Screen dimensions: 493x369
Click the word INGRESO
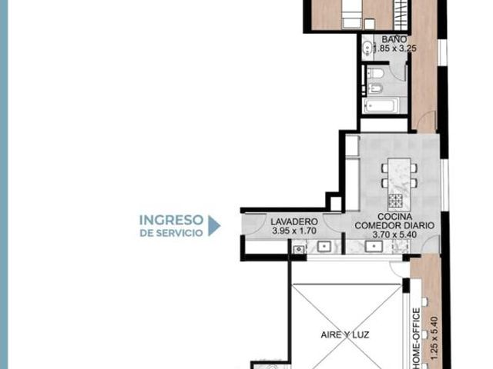click(171, 220)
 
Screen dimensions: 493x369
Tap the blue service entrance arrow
click(214, 225)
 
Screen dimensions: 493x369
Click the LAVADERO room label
click(294, 221)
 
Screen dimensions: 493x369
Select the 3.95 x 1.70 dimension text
click(294, 231)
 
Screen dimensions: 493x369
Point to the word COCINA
click(395, 217)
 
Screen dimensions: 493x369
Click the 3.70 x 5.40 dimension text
click(394, 234)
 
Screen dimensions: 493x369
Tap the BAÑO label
click(394, 39)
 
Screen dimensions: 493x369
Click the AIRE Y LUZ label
click(345, 335)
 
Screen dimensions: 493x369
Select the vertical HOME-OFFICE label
click(416, 338)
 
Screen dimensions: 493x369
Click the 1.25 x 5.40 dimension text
click(434, 338)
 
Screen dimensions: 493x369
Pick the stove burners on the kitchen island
click(395, 201)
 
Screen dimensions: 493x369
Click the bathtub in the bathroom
click(381, 105)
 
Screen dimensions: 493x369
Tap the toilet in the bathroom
click(374, 73)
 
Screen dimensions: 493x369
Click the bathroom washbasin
click(367, 48)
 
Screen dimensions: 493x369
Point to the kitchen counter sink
click(374, 246)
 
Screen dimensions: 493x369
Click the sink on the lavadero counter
click(324, 247)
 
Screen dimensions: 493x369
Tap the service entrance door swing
click(256, 224)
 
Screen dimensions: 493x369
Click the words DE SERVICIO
click(171, 233)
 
